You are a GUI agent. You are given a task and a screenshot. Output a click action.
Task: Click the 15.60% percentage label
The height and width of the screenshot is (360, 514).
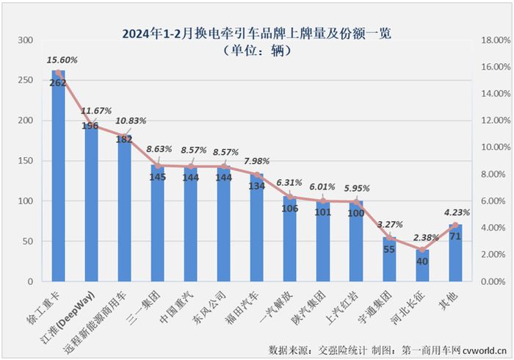(x=63, y=59)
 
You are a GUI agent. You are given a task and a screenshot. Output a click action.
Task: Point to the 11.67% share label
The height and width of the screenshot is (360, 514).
(x=96, y=111)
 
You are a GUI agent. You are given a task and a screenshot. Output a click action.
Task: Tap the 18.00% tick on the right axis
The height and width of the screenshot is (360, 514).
(x=491, y=40)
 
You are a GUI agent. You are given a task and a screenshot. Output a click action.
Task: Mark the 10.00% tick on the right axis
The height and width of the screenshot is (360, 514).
(x=491, y=147)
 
